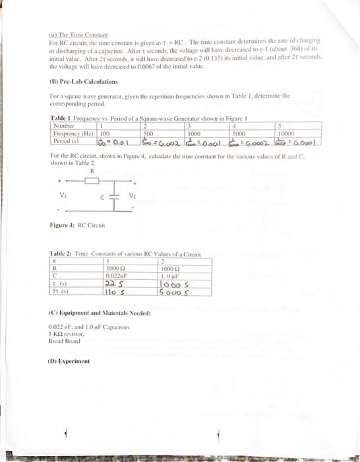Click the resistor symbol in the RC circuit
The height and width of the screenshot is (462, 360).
(x=92, y=178)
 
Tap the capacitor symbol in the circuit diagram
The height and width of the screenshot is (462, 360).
(x=119, y=195)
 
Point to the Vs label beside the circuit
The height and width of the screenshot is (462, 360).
(x=63, y=195)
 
